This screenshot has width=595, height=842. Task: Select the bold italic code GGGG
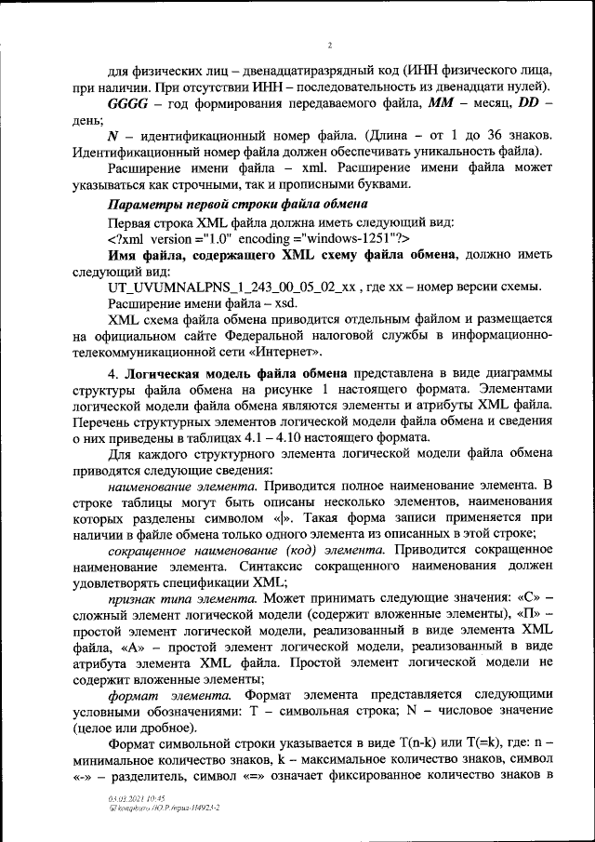[x=129, y=101]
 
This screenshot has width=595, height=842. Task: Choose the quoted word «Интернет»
[x=287, y=351]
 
